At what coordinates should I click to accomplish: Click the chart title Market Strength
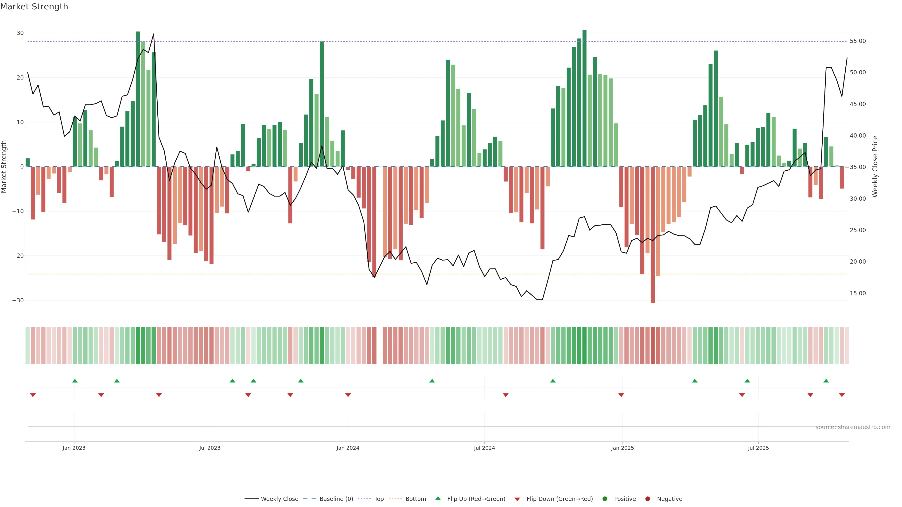point(34,7)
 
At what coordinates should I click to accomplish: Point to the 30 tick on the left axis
point(20,33)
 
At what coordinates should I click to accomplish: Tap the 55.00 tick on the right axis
point(858,41)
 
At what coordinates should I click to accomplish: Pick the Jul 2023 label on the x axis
point(210,448)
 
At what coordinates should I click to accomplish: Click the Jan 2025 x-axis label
point(622,448)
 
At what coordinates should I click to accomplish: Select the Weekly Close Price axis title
point(875,167)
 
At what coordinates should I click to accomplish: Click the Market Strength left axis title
point(4,167)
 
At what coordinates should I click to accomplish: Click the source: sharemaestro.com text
point(853,427)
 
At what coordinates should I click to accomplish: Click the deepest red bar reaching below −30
point(653,245)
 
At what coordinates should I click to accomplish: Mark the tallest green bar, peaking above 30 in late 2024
point(584,98)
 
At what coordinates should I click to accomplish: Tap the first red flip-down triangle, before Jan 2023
point(33,395)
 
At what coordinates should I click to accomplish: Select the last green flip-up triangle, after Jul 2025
point(826,381)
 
